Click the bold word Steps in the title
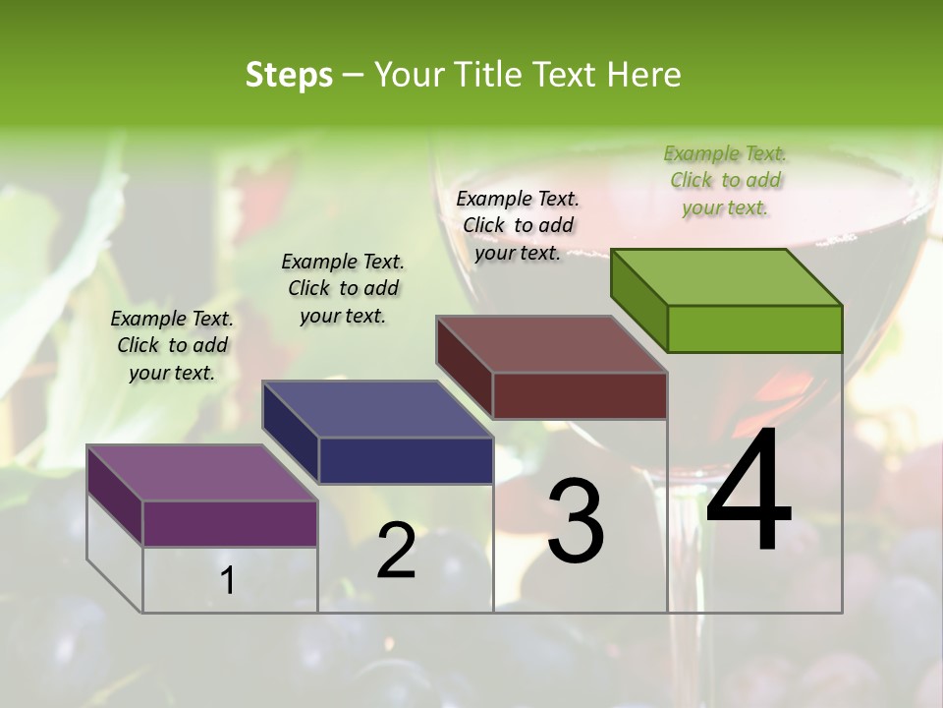289,75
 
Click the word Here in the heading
644,75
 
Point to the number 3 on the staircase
576,520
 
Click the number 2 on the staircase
396,551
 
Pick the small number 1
228,580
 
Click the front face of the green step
754,328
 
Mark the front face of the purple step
230,523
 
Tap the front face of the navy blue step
406,460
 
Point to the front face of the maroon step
580,395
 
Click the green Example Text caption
725,180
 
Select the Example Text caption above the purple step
172,345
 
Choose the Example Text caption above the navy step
343,288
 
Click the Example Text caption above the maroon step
518,225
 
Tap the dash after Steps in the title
353,75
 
